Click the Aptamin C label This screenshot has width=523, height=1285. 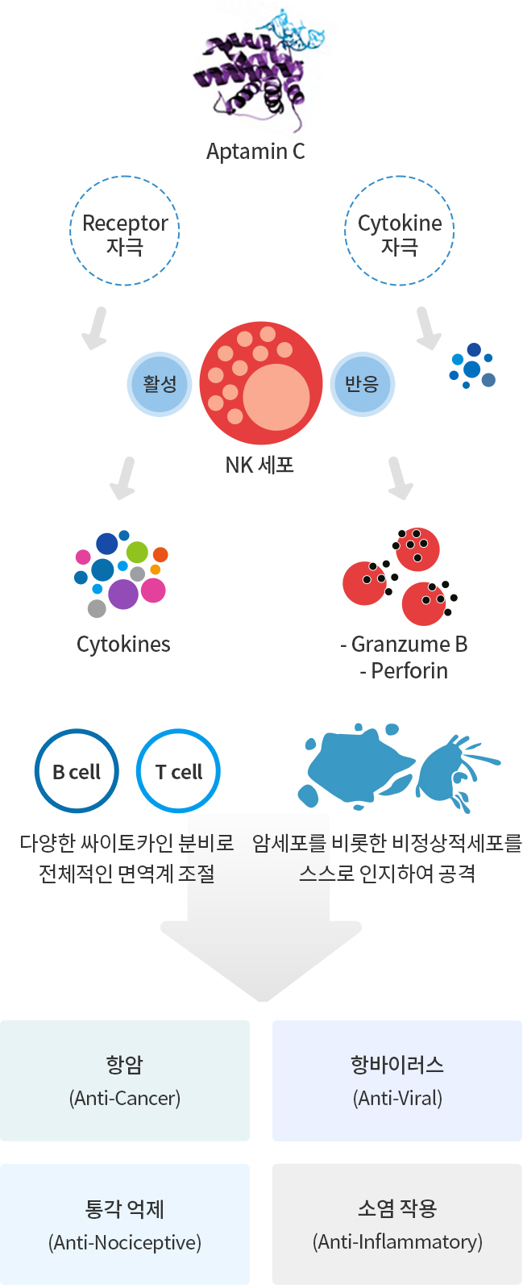(255, 152)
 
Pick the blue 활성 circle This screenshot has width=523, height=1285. (160, 384)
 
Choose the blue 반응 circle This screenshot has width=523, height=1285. (362, 384)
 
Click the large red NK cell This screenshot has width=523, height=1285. (261, 383)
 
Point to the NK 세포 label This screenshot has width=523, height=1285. (259, 465)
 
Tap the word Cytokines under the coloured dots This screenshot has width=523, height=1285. (124, 645)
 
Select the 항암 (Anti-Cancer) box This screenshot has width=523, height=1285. (125, 1080)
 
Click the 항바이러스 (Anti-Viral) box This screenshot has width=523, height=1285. (397, 1080)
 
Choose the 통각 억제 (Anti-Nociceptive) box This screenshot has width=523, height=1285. (125, 1224)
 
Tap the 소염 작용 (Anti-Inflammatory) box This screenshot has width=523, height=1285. (397, 1224)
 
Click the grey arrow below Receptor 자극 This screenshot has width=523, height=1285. (96, 328)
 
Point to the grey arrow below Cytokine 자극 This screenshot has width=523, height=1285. (427, 328)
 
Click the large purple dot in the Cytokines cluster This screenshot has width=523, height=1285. (123, 594)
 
